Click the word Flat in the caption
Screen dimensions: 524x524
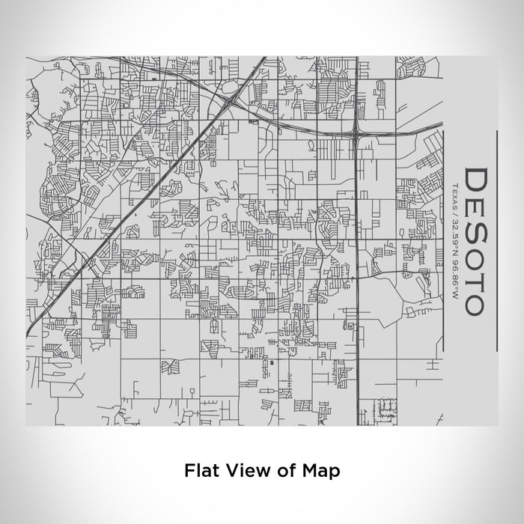(199, 471)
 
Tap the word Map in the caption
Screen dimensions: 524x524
(323, 471)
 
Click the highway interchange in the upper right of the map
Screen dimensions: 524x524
(356, 133)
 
